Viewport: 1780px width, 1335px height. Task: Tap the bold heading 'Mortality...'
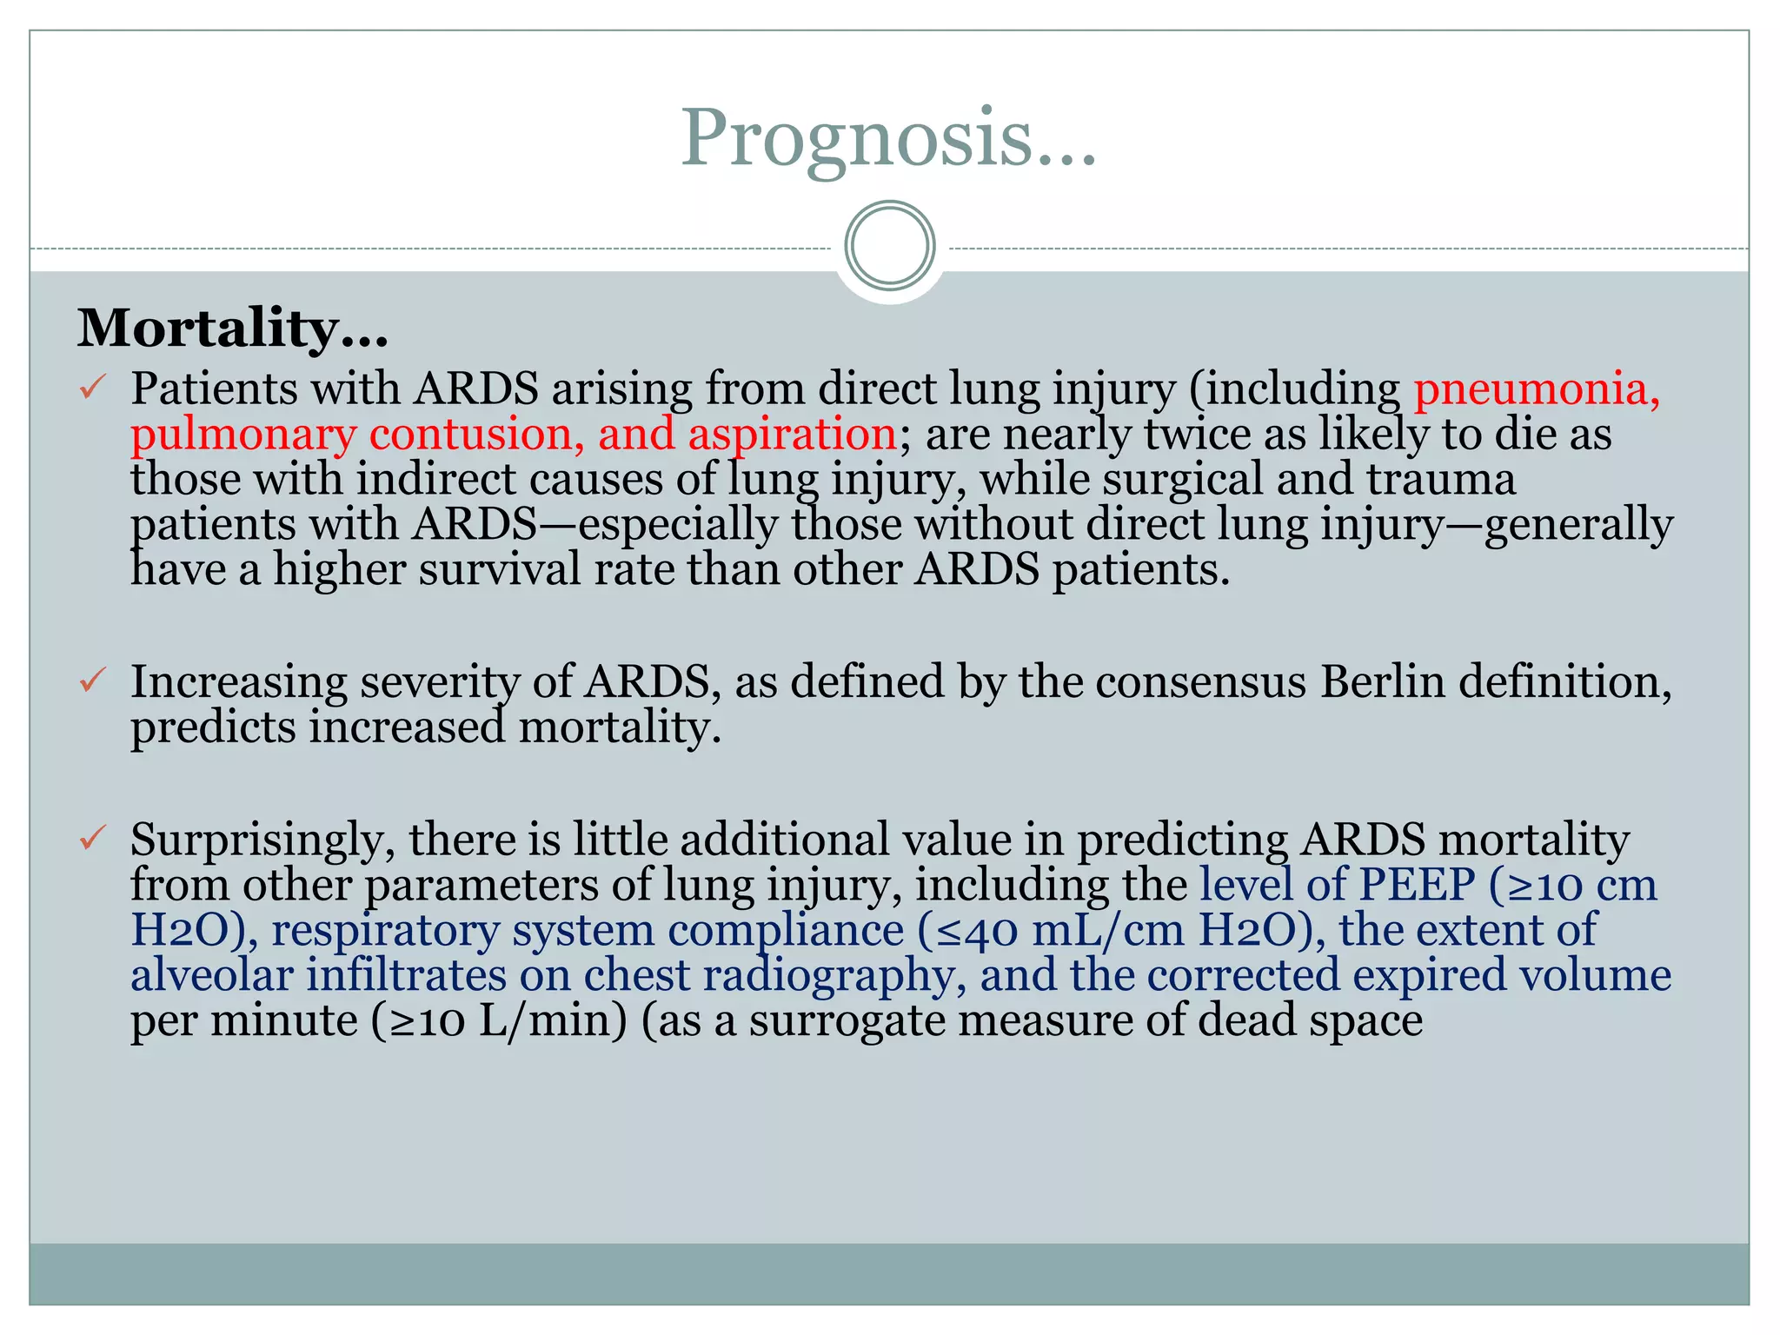pos(233,329)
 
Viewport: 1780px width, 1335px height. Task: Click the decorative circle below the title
pos(890,245)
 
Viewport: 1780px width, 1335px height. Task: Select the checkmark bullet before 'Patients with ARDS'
pos(93,387)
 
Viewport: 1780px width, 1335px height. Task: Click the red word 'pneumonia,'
pos(1537,389)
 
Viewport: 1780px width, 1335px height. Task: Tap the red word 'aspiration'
pos(792,434)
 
